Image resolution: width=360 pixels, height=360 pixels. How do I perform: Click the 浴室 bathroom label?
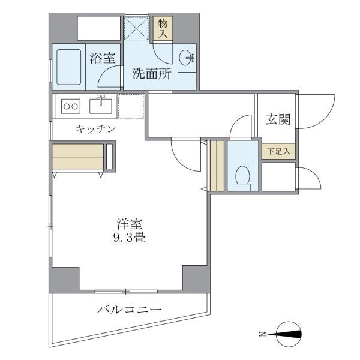pyautogui.click(x=103, y=58)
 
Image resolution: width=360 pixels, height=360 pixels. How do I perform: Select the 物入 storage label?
pyautogui.click(x=163, y=28)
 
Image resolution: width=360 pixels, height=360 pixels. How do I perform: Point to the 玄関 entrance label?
pyautogui.click(x=278, y=119)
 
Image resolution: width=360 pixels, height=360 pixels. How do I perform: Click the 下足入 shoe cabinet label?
pyautogui.click(x=278, y=152)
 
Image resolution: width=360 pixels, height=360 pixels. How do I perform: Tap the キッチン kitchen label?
pyautogui.click(x=96, y=129)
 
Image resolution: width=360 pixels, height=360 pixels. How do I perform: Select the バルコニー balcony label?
pyautogui.click(x=130, y=310)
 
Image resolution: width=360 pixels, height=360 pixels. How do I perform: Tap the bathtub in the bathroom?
pyautogui.click(x=70, y=67)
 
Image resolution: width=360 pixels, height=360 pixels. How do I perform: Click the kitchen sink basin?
pyautogui.click(x=101, y=106)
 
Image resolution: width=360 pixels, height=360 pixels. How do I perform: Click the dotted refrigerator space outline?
pyautogui.click(x=131, y=106)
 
